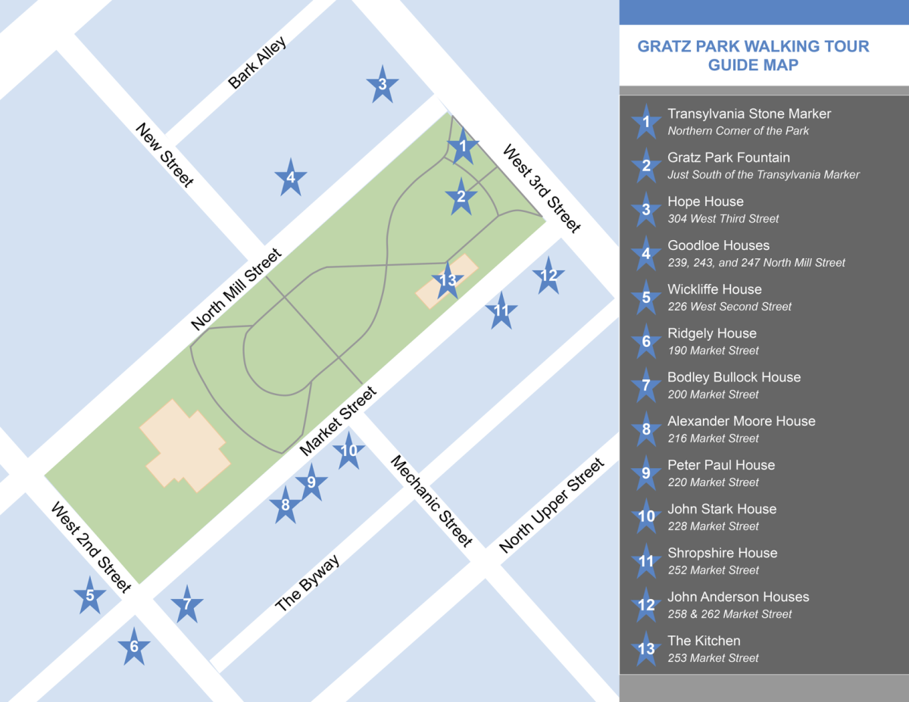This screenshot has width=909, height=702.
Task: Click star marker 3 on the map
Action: click(x=383, y=85)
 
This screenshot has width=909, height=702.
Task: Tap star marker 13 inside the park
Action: click(x=448, y=281)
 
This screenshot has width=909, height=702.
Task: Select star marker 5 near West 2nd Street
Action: click(x=90, y=596)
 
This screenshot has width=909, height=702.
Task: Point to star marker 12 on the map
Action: click(x=548, y=275)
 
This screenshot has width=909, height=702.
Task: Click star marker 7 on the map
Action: click(x=187, y=604)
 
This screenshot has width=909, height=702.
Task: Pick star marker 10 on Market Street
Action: click(x=348, y=451)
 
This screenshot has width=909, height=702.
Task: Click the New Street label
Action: click(x=165, y=154)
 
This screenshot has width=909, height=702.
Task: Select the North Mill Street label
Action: click(x=236, y=289)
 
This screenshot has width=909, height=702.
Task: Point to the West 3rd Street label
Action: click(x=542, y=189)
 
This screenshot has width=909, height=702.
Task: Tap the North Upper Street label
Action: click(x=552, y=506)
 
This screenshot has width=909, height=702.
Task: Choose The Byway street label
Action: click(x=307, y=583)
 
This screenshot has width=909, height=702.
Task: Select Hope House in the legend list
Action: click(x=705, y=201)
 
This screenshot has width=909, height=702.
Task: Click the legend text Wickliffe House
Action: click(x=714, y=289)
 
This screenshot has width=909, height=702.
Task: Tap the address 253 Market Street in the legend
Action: click(x=713, y=658)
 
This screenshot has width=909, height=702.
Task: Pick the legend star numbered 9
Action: click(x=646, y=473)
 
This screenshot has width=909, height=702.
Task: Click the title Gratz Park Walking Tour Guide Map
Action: click(x=753, y=55)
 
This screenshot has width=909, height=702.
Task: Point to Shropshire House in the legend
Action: click(x=722, y=553)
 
